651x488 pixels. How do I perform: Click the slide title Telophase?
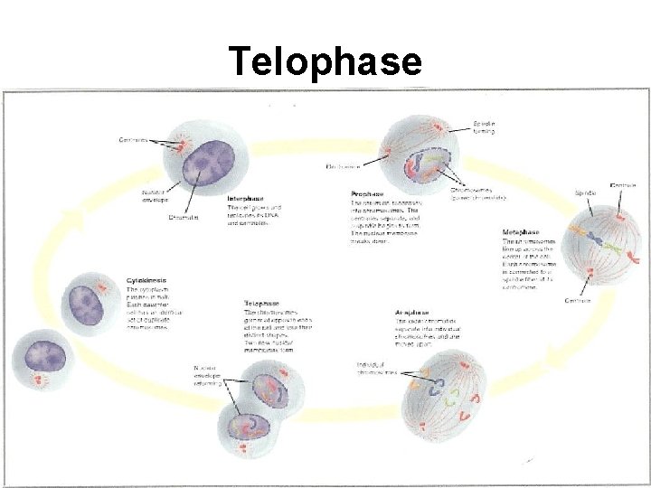click(325, 61)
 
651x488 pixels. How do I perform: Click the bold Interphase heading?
click(246, 198)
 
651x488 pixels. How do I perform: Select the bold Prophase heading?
click(367, 193)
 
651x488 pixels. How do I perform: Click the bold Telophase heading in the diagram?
click(261, 304)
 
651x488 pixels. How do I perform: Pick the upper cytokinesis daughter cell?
click(87, 302)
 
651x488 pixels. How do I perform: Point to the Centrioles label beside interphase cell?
click(134, 139)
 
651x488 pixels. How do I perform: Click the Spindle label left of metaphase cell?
click(585, 192)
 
